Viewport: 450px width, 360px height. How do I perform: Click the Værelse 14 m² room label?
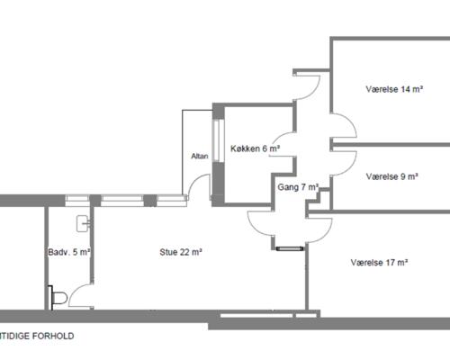394,89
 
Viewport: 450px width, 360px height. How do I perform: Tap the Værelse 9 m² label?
391,176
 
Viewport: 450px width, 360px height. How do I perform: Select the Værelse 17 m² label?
379,263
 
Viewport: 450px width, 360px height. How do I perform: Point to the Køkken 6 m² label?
255,148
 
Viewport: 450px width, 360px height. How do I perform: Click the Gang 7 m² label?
298,187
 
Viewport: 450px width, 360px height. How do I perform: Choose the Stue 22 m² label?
181,252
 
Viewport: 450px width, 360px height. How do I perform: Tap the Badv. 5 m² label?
69,252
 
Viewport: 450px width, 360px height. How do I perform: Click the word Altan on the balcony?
200,156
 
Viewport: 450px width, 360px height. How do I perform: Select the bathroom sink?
83,223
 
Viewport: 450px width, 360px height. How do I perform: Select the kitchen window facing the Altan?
218,141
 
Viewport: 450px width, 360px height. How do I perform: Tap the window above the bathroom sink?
77,201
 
